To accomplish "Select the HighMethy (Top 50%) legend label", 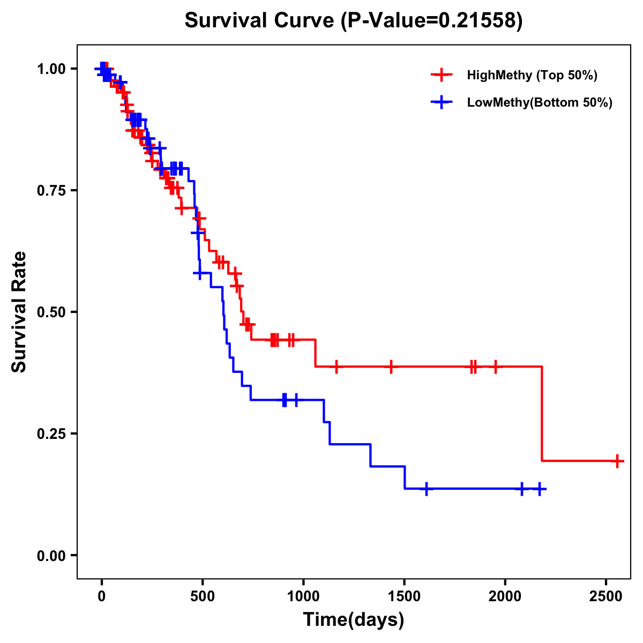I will coord(532,75).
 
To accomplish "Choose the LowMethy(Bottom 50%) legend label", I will coord(539,103).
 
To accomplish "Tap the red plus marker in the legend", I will coord(441,75).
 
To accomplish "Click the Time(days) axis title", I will coord(354,620).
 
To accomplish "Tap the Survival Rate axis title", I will coord(19,311).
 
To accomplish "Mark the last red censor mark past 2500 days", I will coord(617,461).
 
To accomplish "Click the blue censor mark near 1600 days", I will coord(426,489).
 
